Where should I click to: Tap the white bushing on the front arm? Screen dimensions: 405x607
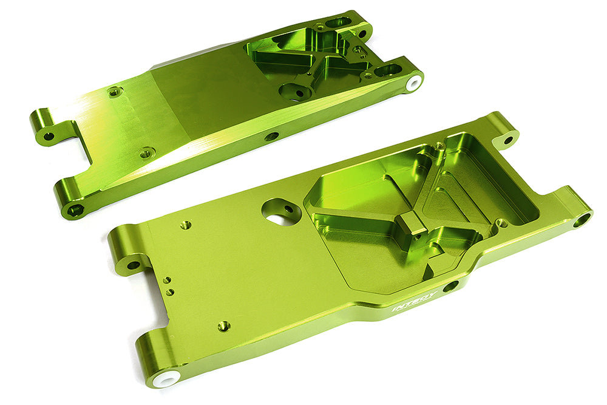(x=164, y=376)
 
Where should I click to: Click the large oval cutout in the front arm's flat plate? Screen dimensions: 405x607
(x=280, y=211)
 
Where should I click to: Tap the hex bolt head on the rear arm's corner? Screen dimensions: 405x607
(x=75, y=210)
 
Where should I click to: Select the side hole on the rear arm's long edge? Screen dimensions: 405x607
(x=271, y=136)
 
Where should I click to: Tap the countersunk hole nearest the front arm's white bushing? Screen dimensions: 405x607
(x=224, y=326)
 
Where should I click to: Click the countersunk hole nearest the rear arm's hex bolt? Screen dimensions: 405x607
(x=146, y=153)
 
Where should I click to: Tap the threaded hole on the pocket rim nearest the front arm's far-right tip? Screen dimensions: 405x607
(x=501, y=222)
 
